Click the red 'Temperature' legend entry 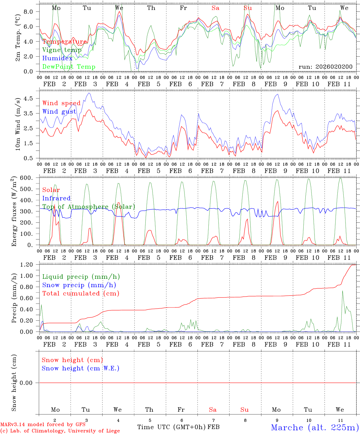click(x=65, y=42)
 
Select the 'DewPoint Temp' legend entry click(x=69, y=67)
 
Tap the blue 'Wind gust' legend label click(x=59, y=112)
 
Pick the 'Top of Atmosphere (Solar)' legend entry click(x=89, y=207)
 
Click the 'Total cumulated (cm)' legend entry click(x=81, y=293)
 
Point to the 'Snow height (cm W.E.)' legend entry click(x=81, y=368)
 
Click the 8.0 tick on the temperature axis click(x=29, y=11)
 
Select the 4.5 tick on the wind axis click(x=29, y=98)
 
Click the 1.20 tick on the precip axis click(x=27, y=265)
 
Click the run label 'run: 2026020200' click(x=325, y=67)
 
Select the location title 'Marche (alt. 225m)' click(x=315, y=427)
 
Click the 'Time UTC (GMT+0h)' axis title click(x=172, y=427)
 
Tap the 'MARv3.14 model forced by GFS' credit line click(x=43, y=424)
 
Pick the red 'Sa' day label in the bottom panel click(x=213, y=410)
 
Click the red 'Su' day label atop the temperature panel click(x=248, y=8)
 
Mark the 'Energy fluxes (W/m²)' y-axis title click(x=14, y=212)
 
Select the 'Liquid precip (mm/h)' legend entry click(x=81, y=277)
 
